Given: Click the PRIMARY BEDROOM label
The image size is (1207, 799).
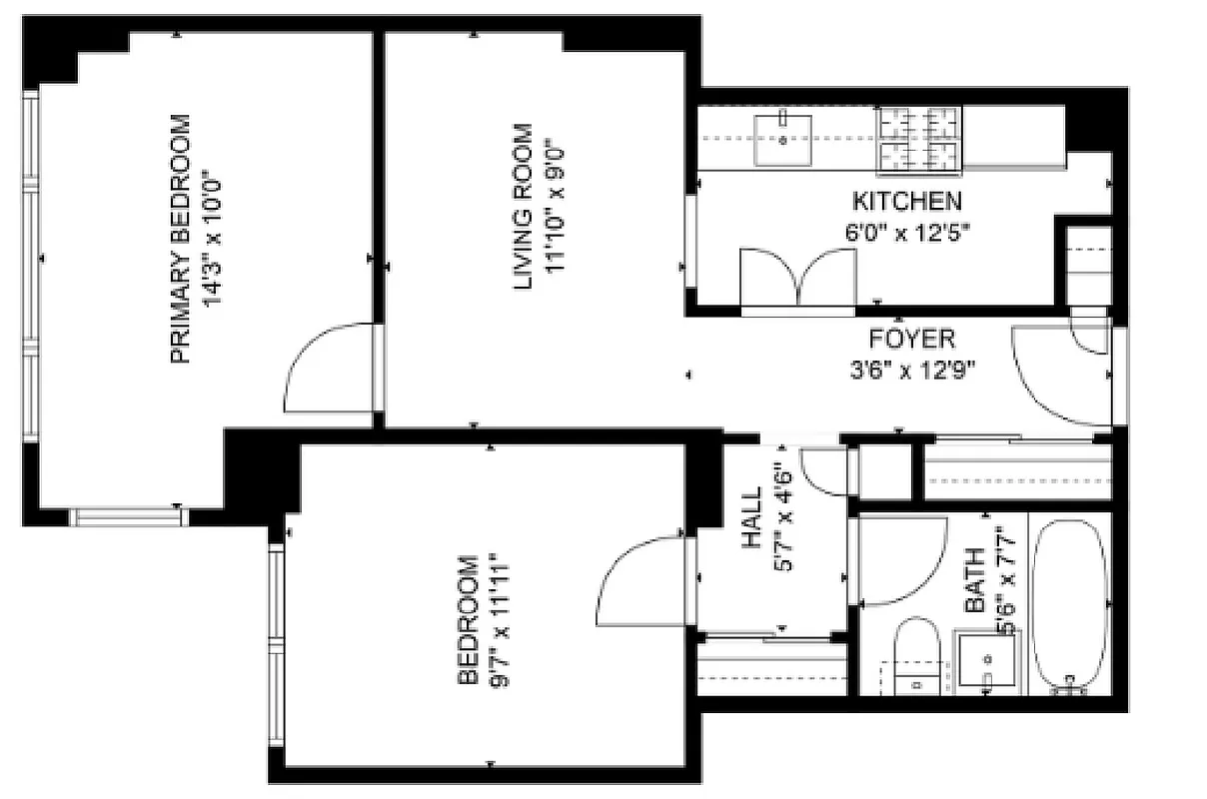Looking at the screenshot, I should coord(180,240).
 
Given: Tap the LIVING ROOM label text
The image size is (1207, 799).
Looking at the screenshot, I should coord(523,208).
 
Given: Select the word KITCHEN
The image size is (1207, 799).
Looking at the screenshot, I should coord(907,201).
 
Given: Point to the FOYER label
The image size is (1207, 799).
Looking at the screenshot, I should coord(911,339).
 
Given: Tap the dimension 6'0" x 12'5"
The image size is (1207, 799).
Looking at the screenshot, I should coord(907,231).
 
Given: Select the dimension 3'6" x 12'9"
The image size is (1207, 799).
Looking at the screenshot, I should coord(911,370).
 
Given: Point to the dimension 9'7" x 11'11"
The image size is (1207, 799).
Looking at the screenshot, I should coord(499,620).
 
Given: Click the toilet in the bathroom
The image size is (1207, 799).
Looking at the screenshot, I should coord(914,654).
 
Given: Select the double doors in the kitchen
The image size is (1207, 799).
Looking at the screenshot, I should coord(797,279).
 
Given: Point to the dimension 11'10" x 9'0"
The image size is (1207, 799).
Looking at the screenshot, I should coord(556,208).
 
